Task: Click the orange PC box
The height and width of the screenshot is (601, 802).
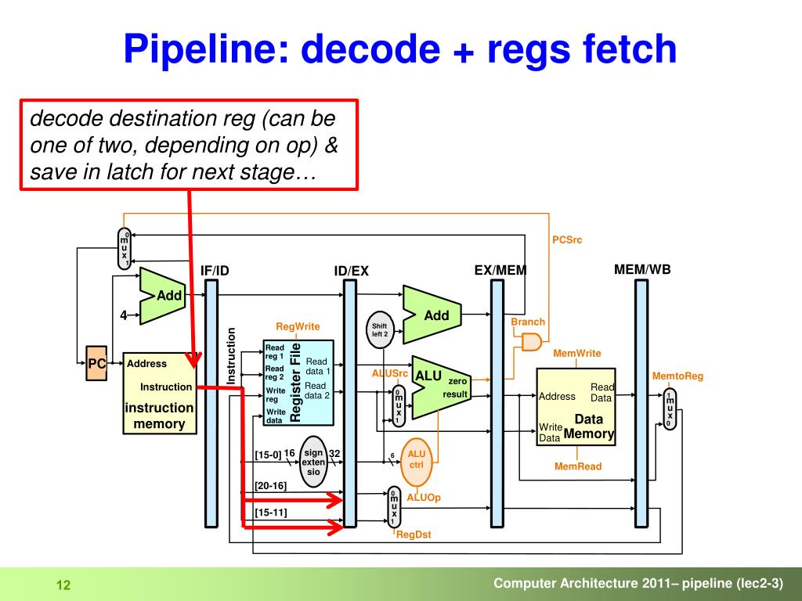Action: pyautogui.click(x=96, y=363)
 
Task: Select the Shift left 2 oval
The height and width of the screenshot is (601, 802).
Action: pyautogui.click(x=380, y=330)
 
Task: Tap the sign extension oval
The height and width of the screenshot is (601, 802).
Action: pyautogui.click(x=313, y=462)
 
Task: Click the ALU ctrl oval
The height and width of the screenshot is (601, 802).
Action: pyautogui.click(x=417, y=462)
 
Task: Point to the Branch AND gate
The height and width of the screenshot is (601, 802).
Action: pyautogui.click(x=532, y=342)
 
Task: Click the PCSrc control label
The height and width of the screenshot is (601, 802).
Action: pyautogui.click(x=567, y=239)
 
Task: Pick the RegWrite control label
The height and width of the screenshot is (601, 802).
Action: pyautogui.click(x=298, y=326)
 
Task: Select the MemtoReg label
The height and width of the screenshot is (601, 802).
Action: pyautogui.click(x=677, y=376)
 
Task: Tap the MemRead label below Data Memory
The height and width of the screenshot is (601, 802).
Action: pyautogui.click(x=578, y=466)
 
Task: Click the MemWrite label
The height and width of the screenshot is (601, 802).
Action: pyautogui.click(x=577, y=353)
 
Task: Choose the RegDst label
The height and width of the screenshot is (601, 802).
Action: pyautogui.click(x=414, y=534)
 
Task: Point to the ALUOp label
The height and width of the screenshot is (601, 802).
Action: pyautogui.click(x=424, y=497)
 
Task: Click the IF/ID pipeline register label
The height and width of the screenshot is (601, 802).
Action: pyautogui.click(x=215, y=271)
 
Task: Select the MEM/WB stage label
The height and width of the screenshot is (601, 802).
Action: pyautogui.click(x=642, y=269)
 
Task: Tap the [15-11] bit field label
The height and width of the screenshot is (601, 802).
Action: pyautogui.click(x=270, y=512)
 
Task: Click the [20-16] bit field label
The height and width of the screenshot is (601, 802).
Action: pyautogui.click(x=270, y=485)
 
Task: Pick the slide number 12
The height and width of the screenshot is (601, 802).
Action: pyautogui.click(x=63, y=585)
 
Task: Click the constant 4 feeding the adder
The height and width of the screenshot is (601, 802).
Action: pyautogui.click(x=123, y=315)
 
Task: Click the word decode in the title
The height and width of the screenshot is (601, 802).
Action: pyautogui.click(x=370, y=49)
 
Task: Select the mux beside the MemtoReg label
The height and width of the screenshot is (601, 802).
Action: pyautogui.click(x=669, y=409)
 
